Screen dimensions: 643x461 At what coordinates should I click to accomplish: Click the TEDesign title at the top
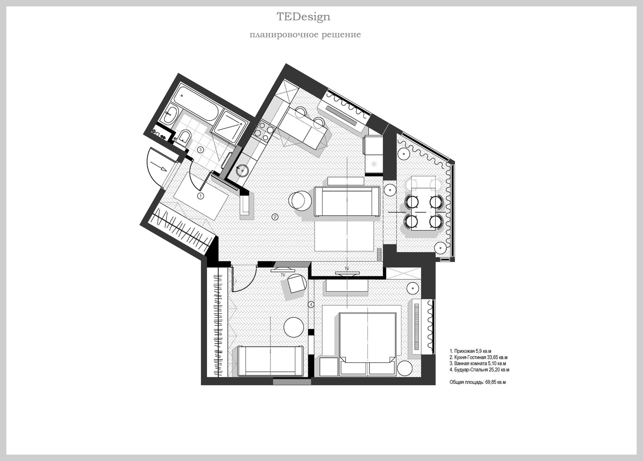[x=303, y=16]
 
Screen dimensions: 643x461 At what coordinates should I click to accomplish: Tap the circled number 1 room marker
[x=201, y=196]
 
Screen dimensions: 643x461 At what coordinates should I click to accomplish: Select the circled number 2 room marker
[x=275, y=217]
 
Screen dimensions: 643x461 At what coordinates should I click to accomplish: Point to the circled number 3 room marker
[x=201, y=150]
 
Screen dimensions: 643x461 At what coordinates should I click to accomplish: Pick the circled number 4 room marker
[x=311, y=305]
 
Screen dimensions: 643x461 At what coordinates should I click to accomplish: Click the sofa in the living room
[x=347, y=201]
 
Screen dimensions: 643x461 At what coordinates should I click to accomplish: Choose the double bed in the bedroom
[x=368, y=344]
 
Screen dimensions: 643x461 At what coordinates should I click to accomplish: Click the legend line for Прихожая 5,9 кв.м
[x=471, y=351]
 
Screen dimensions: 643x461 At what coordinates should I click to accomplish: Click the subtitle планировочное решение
[x=305, y=35]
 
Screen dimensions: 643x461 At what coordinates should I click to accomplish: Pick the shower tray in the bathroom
[x=229, y=126]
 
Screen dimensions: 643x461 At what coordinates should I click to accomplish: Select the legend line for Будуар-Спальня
[x=479, y=370]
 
